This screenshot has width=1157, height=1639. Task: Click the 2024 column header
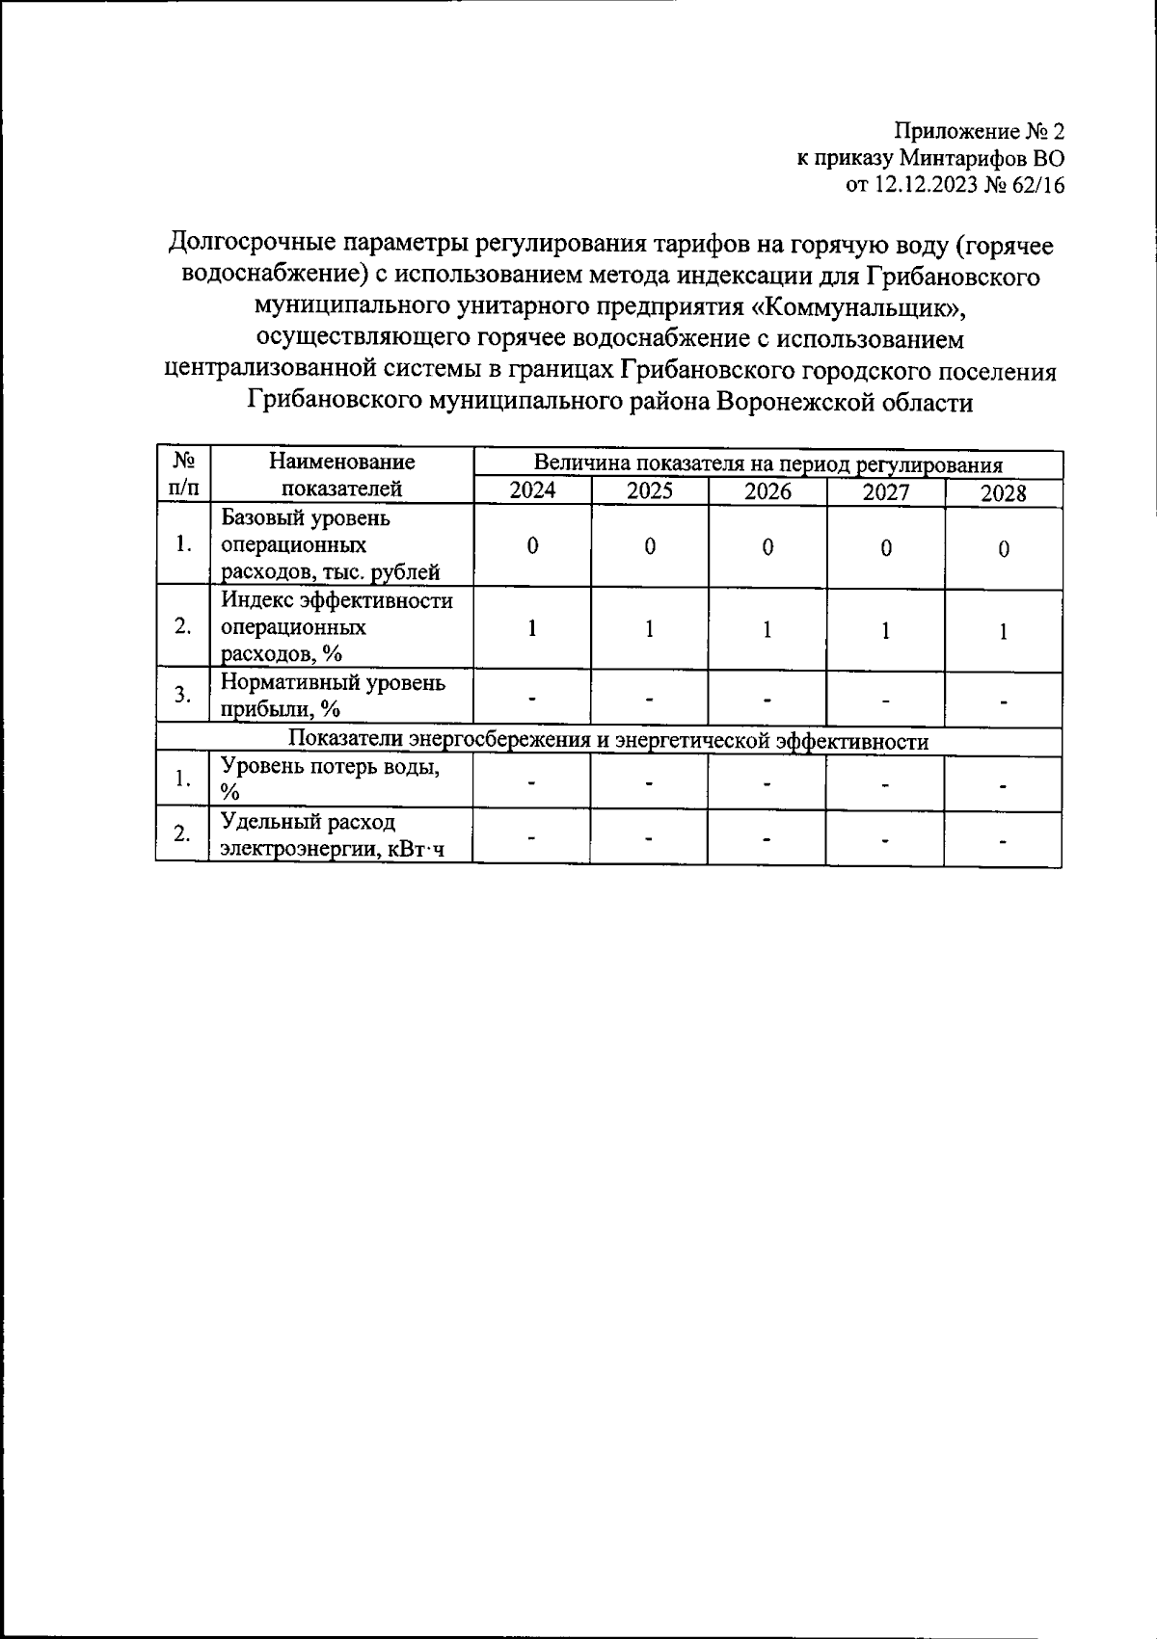click(532, 490)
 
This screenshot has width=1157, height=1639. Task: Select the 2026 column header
click(767, 491)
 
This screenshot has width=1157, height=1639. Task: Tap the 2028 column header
click(1003, 494)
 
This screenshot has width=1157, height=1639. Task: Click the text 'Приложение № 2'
click(980, 131)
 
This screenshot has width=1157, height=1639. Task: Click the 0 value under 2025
click(650, 546)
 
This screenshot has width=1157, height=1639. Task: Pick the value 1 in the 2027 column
click(885, 630)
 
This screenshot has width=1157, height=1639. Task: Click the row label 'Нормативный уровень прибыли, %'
click(333, 696)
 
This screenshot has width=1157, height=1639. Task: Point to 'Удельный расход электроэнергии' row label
click(332, 834)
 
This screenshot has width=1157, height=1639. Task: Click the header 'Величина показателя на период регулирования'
click(767, 464)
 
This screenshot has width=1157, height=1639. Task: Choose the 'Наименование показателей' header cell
click(341, 475)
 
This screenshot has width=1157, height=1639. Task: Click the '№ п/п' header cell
click(182, 475)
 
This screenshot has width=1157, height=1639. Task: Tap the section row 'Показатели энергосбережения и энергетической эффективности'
click(608, 741)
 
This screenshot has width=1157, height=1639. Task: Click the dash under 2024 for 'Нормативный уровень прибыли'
click(532, 698)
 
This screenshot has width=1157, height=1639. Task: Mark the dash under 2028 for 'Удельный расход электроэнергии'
click(1003, 841)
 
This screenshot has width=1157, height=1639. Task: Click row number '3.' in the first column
click(182, 696)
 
